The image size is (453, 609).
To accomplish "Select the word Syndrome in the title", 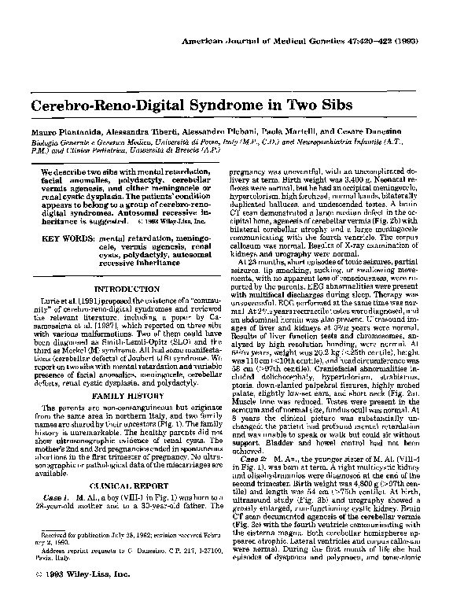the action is click(214, 105).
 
